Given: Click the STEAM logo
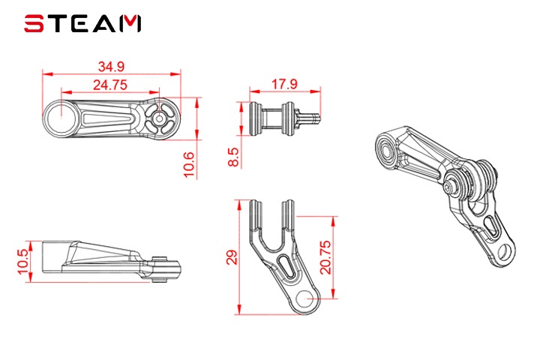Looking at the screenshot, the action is (82, 23).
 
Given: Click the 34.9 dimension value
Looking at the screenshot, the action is (111, 67).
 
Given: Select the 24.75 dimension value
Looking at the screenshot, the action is (110, 85).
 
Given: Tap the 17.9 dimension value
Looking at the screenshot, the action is (284, 84).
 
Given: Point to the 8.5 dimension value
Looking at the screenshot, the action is (233, 157).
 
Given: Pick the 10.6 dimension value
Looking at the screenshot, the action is (189, 165).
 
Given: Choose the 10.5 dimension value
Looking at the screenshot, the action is (23, 262).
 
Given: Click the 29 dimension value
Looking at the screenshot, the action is (232, 257).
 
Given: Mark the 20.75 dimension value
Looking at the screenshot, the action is (325, 257).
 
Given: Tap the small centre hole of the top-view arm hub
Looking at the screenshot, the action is (159, 118).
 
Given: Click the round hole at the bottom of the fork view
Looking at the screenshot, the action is (304, 298).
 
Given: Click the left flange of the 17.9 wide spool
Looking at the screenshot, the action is (256, 118).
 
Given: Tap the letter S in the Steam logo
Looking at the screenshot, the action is (34, 23).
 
